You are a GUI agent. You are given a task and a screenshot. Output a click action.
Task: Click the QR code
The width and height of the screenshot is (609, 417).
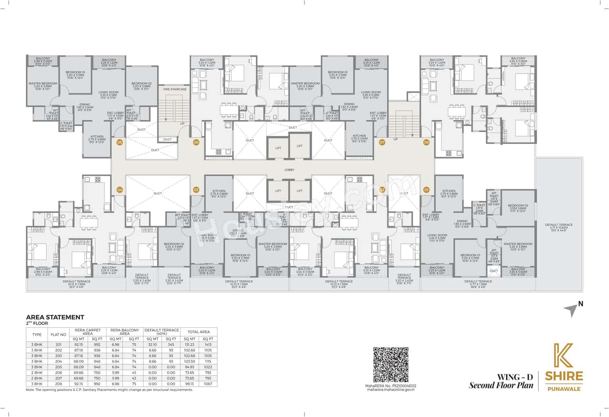coord(391,364)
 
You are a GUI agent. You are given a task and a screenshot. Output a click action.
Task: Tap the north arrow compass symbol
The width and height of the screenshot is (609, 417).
coord(571,311)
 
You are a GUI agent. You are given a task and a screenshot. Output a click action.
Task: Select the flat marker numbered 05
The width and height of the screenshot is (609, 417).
coord(119,142)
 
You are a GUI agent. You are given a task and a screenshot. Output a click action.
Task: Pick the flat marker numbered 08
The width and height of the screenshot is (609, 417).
coord(426,142)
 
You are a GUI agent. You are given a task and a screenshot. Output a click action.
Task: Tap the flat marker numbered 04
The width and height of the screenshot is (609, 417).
coord(119,190)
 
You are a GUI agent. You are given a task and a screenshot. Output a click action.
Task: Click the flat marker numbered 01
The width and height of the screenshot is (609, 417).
coord(426,190)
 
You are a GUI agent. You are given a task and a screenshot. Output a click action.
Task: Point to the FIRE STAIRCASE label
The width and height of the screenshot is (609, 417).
coord(175,89)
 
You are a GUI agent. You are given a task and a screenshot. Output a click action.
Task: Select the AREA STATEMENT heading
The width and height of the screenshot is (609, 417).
coord(55,317)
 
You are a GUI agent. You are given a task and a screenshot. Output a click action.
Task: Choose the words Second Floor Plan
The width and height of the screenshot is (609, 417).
coord(501,385)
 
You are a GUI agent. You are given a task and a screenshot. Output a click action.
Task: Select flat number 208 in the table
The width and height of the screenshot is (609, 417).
coord(59,384)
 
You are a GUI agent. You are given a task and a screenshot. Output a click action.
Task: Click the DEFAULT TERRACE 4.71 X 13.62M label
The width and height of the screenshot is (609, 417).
coord(559,227)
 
